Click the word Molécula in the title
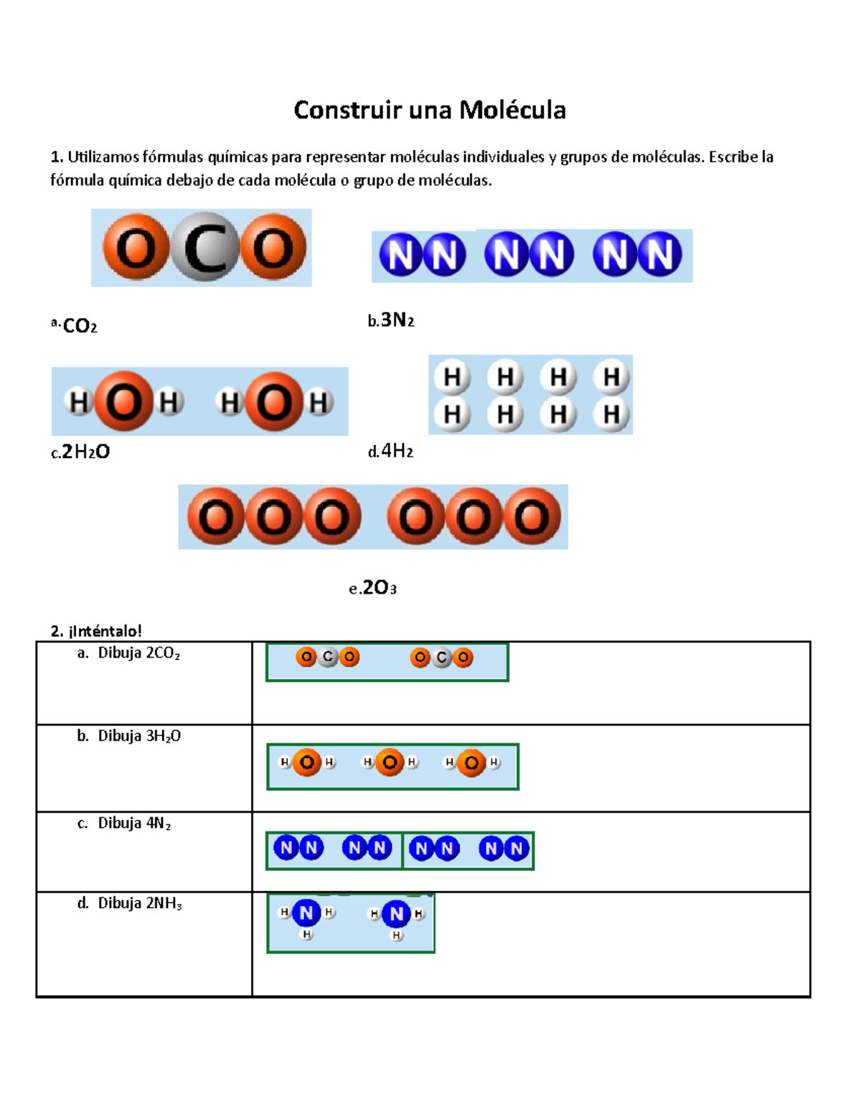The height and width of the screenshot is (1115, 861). coord(512,110)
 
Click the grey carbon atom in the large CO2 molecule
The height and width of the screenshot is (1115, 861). coord(206,248)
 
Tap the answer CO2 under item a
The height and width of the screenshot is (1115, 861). coord(80,326)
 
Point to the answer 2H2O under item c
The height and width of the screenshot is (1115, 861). coord(85,452)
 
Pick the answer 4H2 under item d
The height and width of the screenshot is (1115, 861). coord(397,451)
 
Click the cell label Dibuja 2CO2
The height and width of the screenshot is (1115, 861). coord(138,653)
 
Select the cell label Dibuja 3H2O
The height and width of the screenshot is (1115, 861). coord(139,736)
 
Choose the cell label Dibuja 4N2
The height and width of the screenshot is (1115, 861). coord(134,824)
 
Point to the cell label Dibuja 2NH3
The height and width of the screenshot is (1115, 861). coord(140,903)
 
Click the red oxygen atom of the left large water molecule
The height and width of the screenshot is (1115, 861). coord(124,402)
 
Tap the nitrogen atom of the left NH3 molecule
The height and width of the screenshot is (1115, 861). coord(306,913)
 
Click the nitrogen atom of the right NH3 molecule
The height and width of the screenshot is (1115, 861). coord(396,914)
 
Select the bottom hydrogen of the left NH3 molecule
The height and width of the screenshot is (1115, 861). coord(306,934)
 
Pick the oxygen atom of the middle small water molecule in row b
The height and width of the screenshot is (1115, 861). coord(390,762)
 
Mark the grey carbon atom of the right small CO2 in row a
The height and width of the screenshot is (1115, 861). coord(442,657)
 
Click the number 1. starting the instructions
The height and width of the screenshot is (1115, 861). coord(57,157)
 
